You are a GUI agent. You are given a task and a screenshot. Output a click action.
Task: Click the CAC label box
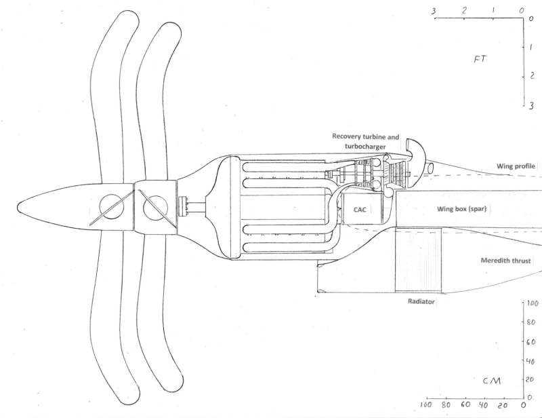[360, 210]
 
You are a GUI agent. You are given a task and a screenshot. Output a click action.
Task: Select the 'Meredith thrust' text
[507, 261]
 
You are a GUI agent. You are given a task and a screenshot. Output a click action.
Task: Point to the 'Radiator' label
[421, 301]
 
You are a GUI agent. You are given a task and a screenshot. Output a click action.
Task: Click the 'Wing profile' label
[516, 166]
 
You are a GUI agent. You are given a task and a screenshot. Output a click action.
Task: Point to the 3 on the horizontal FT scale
[433, 11]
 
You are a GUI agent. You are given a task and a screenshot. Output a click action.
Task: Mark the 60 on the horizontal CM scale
[465, 406]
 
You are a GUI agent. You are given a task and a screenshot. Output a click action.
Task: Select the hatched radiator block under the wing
[418, 261]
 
